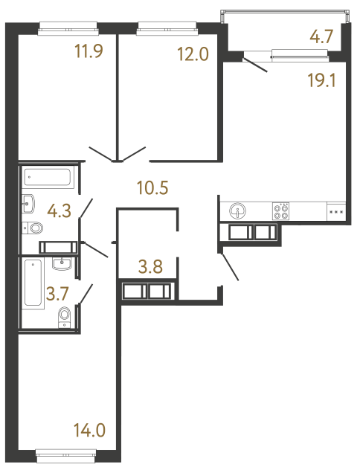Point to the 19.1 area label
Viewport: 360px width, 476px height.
(322, 79)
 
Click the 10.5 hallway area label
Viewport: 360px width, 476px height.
(152, 187)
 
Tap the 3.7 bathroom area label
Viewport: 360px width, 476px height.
(57, 293)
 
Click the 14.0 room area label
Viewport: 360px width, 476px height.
(89, 429)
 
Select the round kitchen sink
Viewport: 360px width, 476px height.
(239, 210)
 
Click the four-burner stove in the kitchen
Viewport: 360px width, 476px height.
(282, 211)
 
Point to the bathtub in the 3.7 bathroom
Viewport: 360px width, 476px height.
(33, 283)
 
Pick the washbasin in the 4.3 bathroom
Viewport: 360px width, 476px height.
(30, 202)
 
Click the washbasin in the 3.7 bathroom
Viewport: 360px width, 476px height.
(62, 263)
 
